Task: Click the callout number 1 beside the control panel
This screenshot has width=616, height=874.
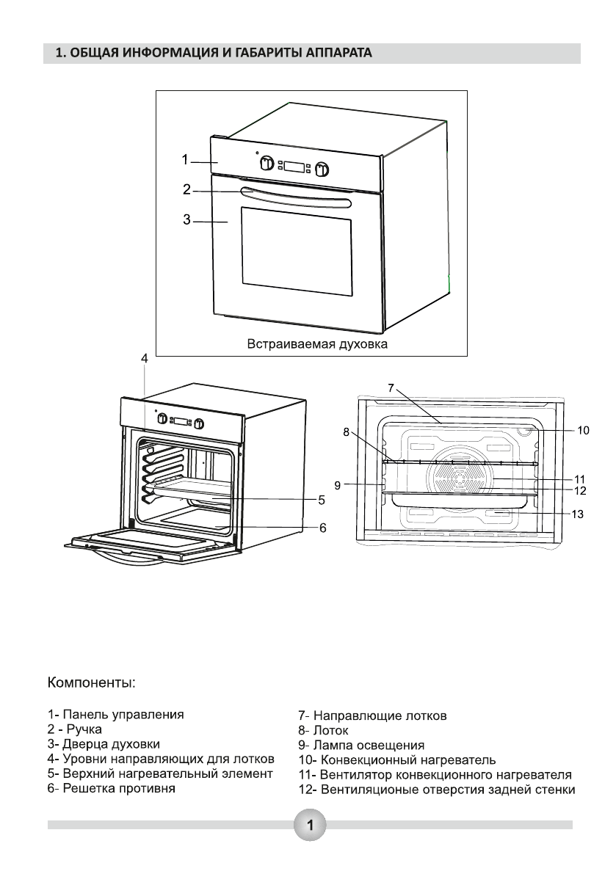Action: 185,160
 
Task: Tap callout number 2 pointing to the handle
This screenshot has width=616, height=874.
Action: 186,189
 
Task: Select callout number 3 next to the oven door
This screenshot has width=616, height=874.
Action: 186,219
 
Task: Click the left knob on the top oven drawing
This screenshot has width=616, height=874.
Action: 267,164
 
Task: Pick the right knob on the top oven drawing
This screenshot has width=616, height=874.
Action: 322,168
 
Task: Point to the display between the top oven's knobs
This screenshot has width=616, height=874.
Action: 294,166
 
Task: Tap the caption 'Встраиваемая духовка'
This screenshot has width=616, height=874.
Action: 317,343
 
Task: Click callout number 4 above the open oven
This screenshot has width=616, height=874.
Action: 145,359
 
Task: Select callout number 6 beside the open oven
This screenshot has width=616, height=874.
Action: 323,528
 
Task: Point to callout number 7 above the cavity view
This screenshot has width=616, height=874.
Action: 391,387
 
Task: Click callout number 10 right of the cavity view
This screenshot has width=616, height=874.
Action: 583,430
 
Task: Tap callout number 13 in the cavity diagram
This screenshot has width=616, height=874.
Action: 578,514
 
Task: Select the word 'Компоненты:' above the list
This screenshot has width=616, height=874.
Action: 92,682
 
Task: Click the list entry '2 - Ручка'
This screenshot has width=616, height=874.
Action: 75,729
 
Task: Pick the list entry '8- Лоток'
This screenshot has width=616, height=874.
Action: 323,730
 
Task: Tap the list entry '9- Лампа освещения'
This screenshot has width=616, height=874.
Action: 361,746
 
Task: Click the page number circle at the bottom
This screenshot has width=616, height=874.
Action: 309,824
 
